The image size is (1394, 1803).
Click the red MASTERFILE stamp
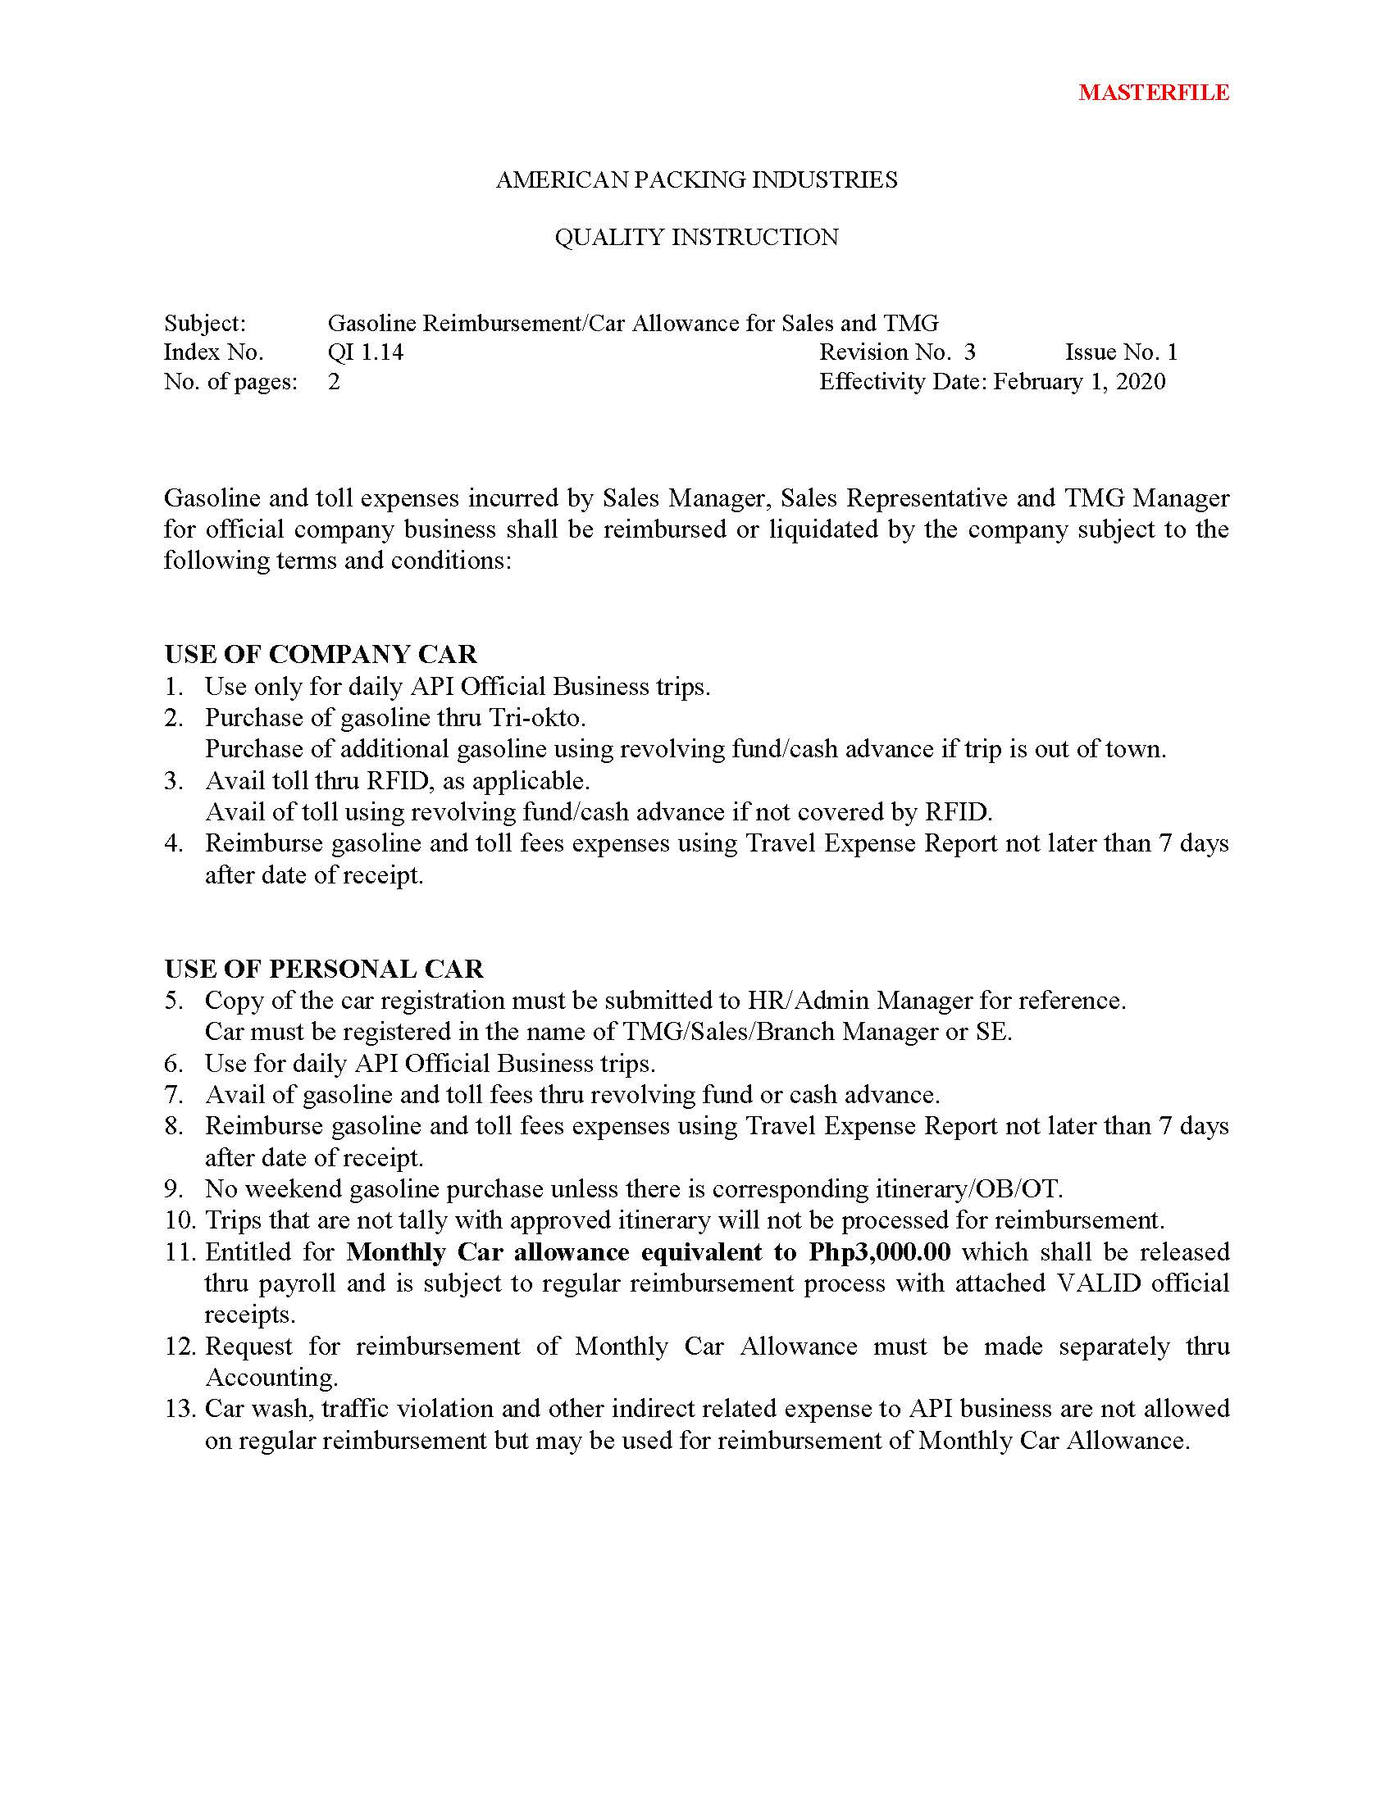pyautogui.click(x=1153, y=93)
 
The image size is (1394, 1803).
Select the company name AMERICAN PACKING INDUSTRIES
pyautogui.click(x=696, y=180)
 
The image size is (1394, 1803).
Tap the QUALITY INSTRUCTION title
pyautogui.click(x=696, y=238)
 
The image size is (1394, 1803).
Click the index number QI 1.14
pyautogui.click(x=365, y=352)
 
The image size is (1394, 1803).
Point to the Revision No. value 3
pyautogui.click(x=969, y=352)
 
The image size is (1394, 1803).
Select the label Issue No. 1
pyautogui.click(x=1121, y=352)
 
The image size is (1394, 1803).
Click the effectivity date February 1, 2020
pyautogui.click(x=1078, y=381)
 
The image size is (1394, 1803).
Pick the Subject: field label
pyautogui.click(x=205, y=323)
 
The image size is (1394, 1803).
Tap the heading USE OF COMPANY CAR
pyautogui.click(x=321, y=655)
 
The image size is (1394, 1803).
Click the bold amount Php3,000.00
pyautogui.click(x=879, y=1252)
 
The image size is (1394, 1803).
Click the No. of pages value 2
pyautogui.click(x=334, y=381)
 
